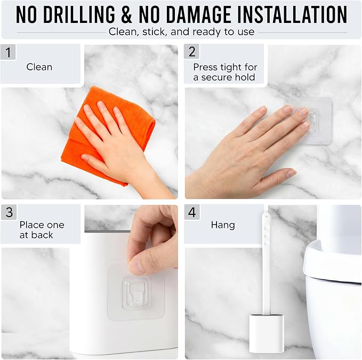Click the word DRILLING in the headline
point(79,14)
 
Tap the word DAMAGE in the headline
point(198,14)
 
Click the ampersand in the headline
point(127,14)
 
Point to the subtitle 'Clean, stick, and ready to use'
point(181,31)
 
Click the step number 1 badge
point(8,52)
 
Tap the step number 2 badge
point(191,52)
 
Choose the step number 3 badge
point(9,212)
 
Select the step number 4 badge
point(192,212)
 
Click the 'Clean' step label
point(39,67)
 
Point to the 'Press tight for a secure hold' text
point(225,72)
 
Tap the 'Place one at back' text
point(42,230)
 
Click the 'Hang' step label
point(223,225)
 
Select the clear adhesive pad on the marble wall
point(309,121)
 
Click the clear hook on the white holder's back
point(136,293)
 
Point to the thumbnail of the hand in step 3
point(138,266)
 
